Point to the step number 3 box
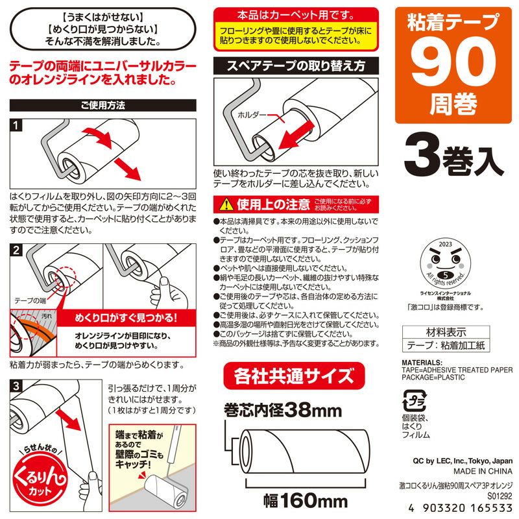point(18,385)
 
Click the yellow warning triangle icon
point(224,205)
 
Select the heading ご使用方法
point(103,104)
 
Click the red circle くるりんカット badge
point(32,483)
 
